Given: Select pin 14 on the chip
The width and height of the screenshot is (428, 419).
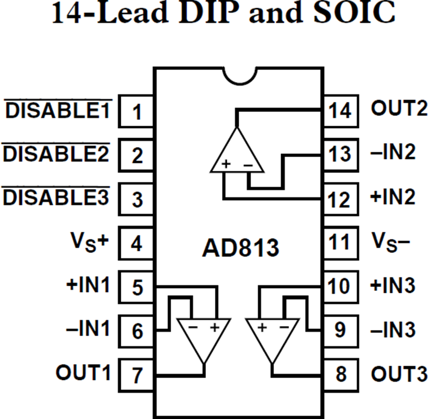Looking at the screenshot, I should pos(340,111).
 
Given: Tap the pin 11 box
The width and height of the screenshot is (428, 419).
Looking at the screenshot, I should pos(340,242).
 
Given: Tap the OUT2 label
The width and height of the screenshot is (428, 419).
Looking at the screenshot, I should pos(399,109).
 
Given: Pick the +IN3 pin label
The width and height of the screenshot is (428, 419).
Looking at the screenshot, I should pos(393,286).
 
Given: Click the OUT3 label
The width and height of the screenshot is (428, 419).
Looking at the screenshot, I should pos(399,374).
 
